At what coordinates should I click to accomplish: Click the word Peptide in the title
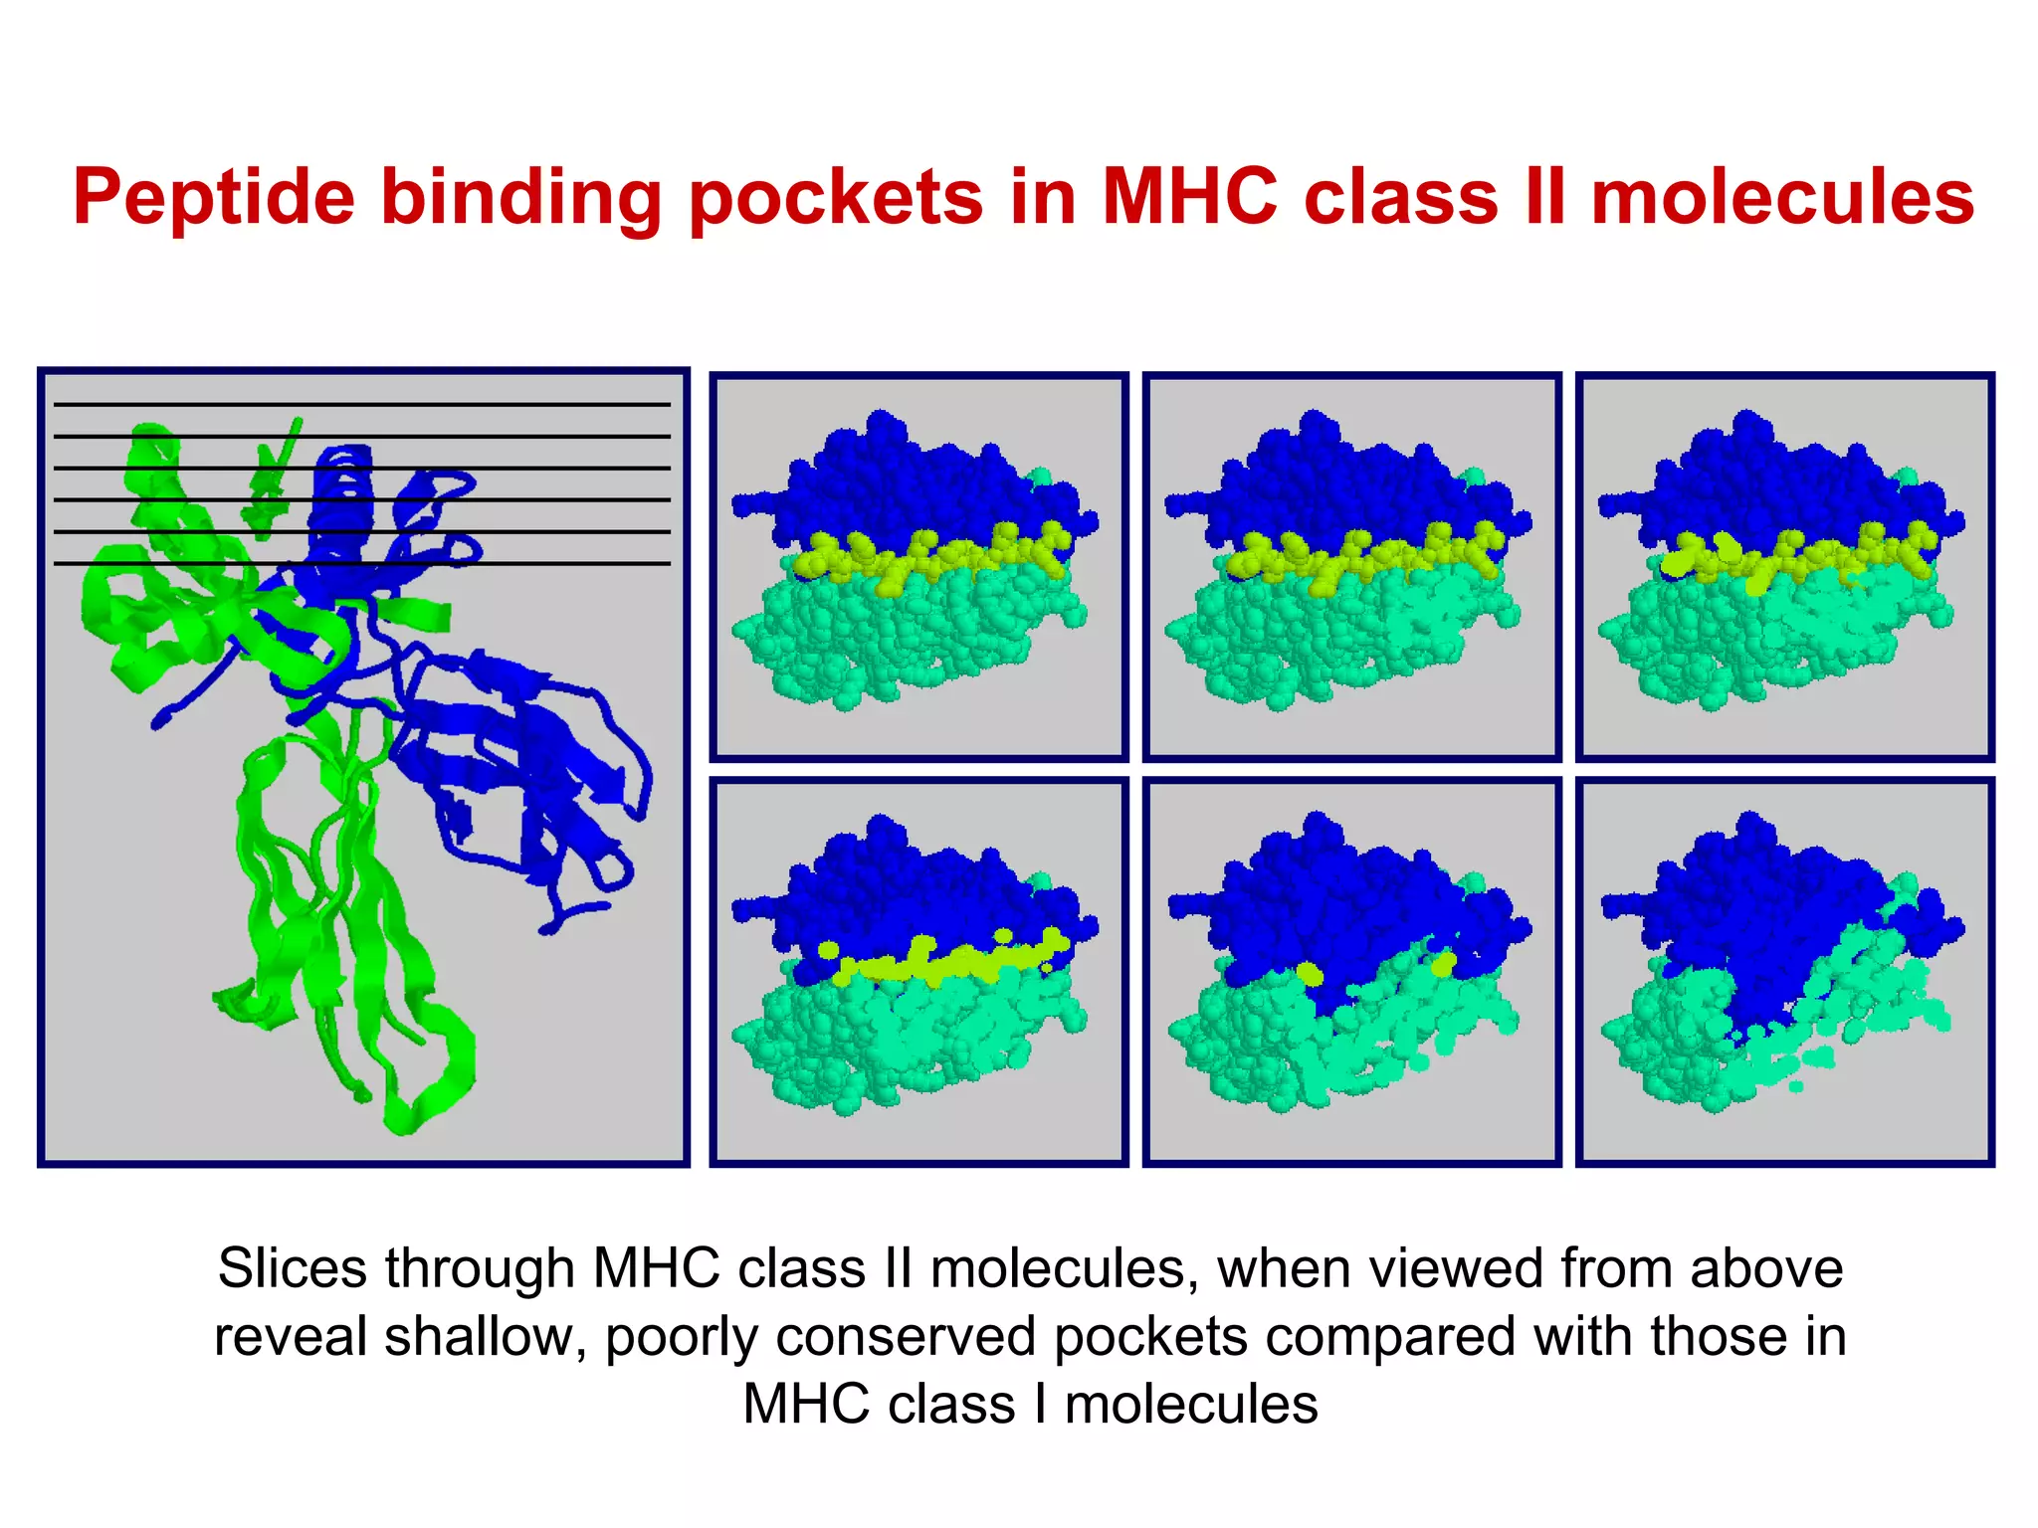[x=213, y=198]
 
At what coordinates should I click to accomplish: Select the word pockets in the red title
[x=835, y=198]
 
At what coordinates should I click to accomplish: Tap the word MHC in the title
[x=1189, y=196]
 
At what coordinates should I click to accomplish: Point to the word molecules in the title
[x=1782, y=196]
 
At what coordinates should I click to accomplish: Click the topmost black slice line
[x=361, y=404]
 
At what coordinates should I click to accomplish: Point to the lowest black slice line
[x=361, y=563]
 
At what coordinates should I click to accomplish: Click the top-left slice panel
[x=918, y=567]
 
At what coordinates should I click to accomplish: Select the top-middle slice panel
[x=1351, y=567]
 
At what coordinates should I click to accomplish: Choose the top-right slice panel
[x=1785, y=567]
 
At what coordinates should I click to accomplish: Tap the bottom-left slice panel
[x=918, y=971]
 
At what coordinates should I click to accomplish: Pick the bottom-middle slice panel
[x=1351, y=971]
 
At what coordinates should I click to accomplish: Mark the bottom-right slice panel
[x=1785, y=971]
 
